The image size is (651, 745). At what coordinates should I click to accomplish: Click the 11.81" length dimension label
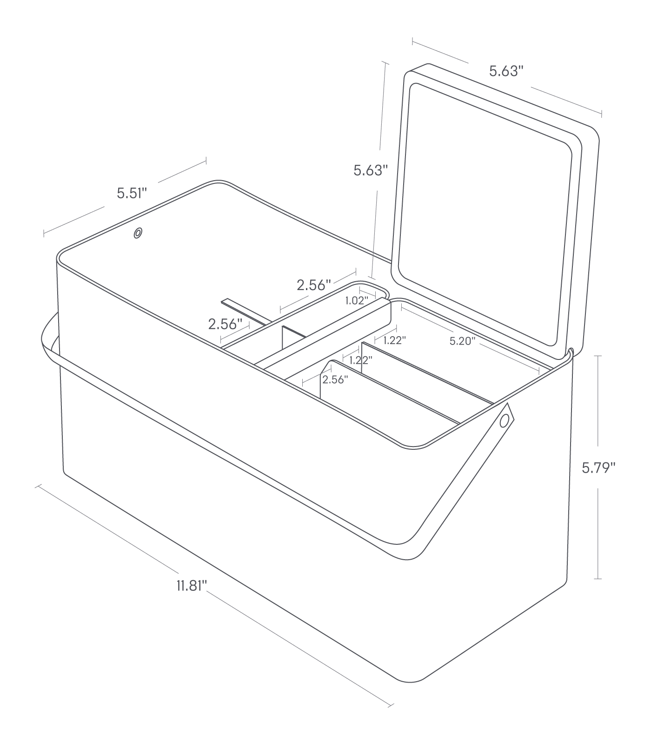pyautogui.click(x=191, y=585)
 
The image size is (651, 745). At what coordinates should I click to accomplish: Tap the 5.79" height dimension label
pyautogui.click(x=598, y=467)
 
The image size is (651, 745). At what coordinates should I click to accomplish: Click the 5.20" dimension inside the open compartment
pyautogui.click(x=462, y=341)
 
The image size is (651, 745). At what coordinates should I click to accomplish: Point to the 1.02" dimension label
pyautogui.click(x=357, y=301)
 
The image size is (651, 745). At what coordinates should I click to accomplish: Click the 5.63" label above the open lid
pyautogui.click(x=506, y=71)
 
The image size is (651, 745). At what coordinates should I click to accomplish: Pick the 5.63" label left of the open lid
pyautogui.click(x=371, y=170)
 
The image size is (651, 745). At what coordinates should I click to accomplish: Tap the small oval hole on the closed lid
pyautogui.click(x=138, y=233)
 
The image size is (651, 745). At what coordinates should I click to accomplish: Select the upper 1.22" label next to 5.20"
pyautogui.click(x=394, y=340)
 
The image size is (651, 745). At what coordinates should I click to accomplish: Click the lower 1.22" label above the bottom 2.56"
pyautogui.click(x=360, y=360)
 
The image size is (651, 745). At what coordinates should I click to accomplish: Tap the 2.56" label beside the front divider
pyautogui.click(x=335, y=379)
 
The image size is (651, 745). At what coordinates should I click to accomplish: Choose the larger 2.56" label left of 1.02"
pyautogui.click(x=314, y=285)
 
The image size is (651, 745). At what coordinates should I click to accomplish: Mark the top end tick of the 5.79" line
pyautogui.click(x=598, y=356)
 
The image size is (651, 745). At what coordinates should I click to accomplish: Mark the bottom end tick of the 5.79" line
pyautogui.click(x=598, y=579)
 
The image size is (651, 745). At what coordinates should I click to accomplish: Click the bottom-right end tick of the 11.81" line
pyautogui.click(x=391, y=704)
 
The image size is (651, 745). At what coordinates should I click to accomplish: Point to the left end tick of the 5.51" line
pyautogui.click(x=44, y=233)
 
